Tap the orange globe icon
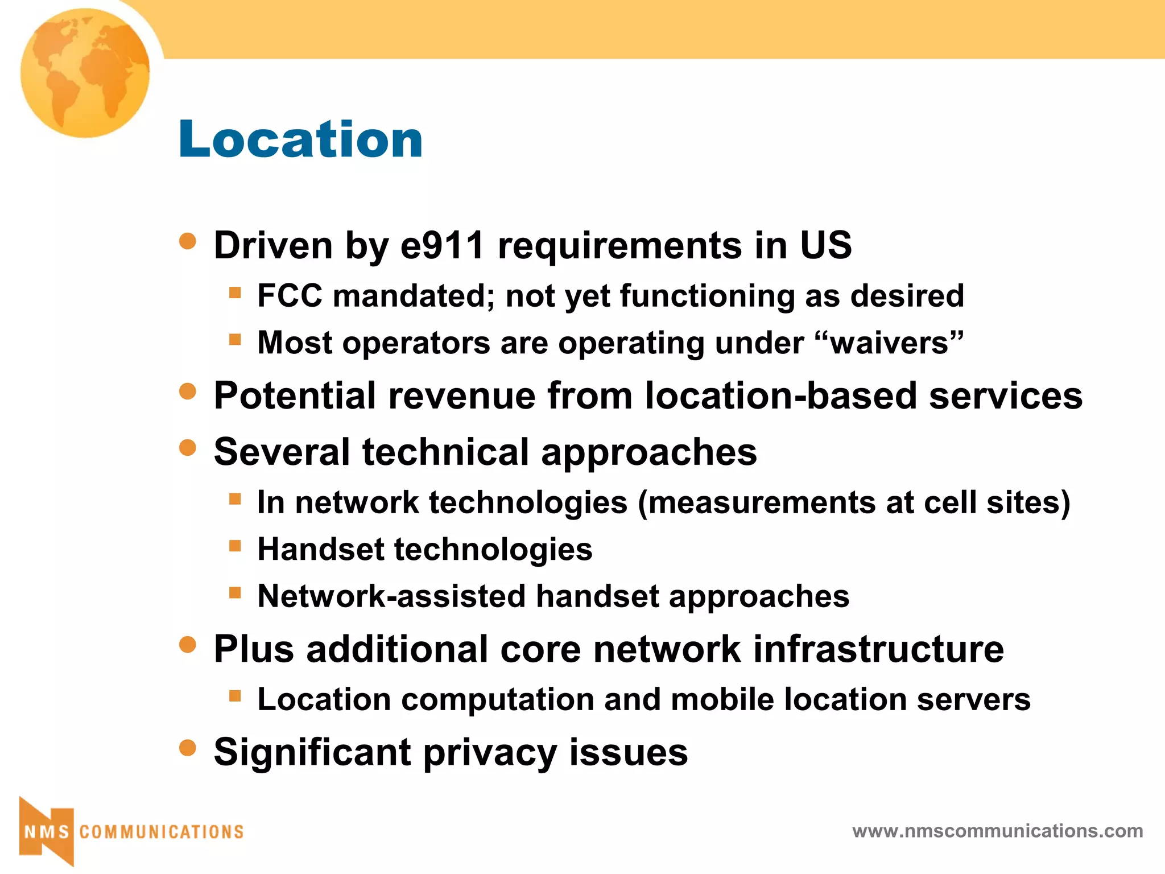[x=85, y=73]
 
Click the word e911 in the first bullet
[x=443, y=245]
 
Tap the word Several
[x=282, y=452]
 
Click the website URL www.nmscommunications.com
[x=997, y=831]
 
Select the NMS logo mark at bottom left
[x=47, y=831]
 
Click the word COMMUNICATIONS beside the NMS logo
[x=162, y=832]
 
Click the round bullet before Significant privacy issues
[x=187, y=747]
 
